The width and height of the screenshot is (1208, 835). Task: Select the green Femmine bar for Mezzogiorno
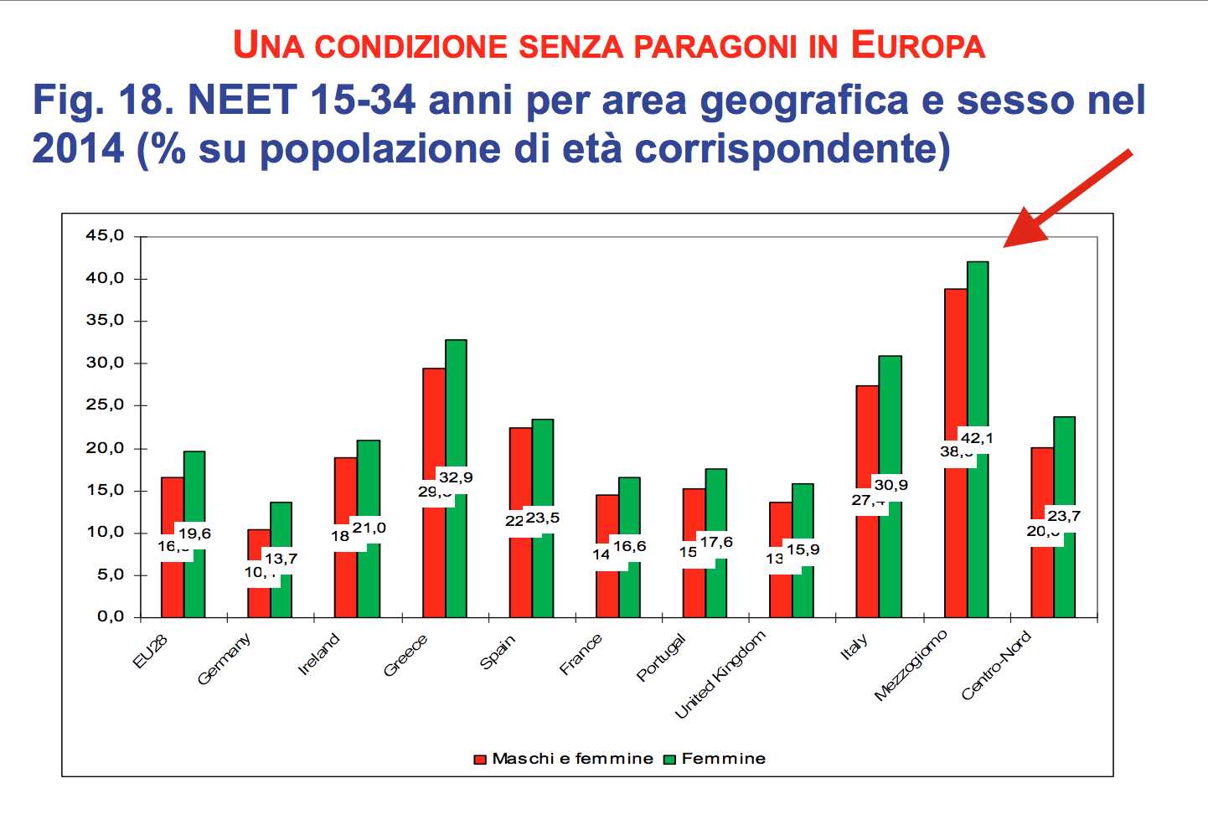978,352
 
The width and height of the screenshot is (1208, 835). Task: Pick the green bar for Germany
281,528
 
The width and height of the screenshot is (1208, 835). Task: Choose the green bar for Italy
890,419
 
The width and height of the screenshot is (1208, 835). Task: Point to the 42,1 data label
977,438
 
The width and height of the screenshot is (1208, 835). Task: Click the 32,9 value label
456,477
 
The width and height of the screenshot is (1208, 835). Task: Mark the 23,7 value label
1064,516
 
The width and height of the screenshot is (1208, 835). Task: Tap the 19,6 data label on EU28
194,533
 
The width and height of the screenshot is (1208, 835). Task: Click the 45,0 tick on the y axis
105,236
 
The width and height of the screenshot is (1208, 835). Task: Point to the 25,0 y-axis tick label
105,405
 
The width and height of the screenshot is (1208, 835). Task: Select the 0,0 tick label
110,617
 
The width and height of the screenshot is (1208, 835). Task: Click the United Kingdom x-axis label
720,675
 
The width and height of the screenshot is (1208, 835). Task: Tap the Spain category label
498,652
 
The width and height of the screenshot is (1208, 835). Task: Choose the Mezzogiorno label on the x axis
911,665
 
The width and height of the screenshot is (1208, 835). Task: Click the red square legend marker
480,760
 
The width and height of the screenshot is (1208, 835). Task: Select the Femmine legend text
724,759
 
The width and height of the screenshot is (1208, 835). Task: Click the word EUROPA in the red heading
918,46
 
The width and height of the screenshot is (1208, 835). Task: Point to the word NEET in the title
243,101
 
